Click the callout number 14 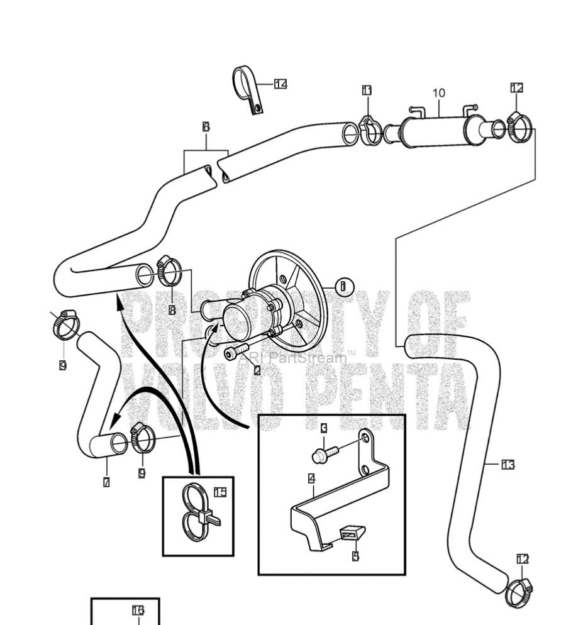point(280,84)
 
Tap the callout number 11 point(367,91)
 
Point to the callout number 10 point(438,93)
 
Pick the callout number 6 point(206,127)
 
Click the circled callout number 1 point(343,287)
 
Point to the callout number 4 point(312,479)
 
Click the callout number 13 point(508,465)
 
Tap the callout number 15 point(219,492)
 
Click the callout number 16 point(138,610)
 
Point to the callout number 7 point(106,482)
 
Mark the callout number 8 point(172,309)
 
